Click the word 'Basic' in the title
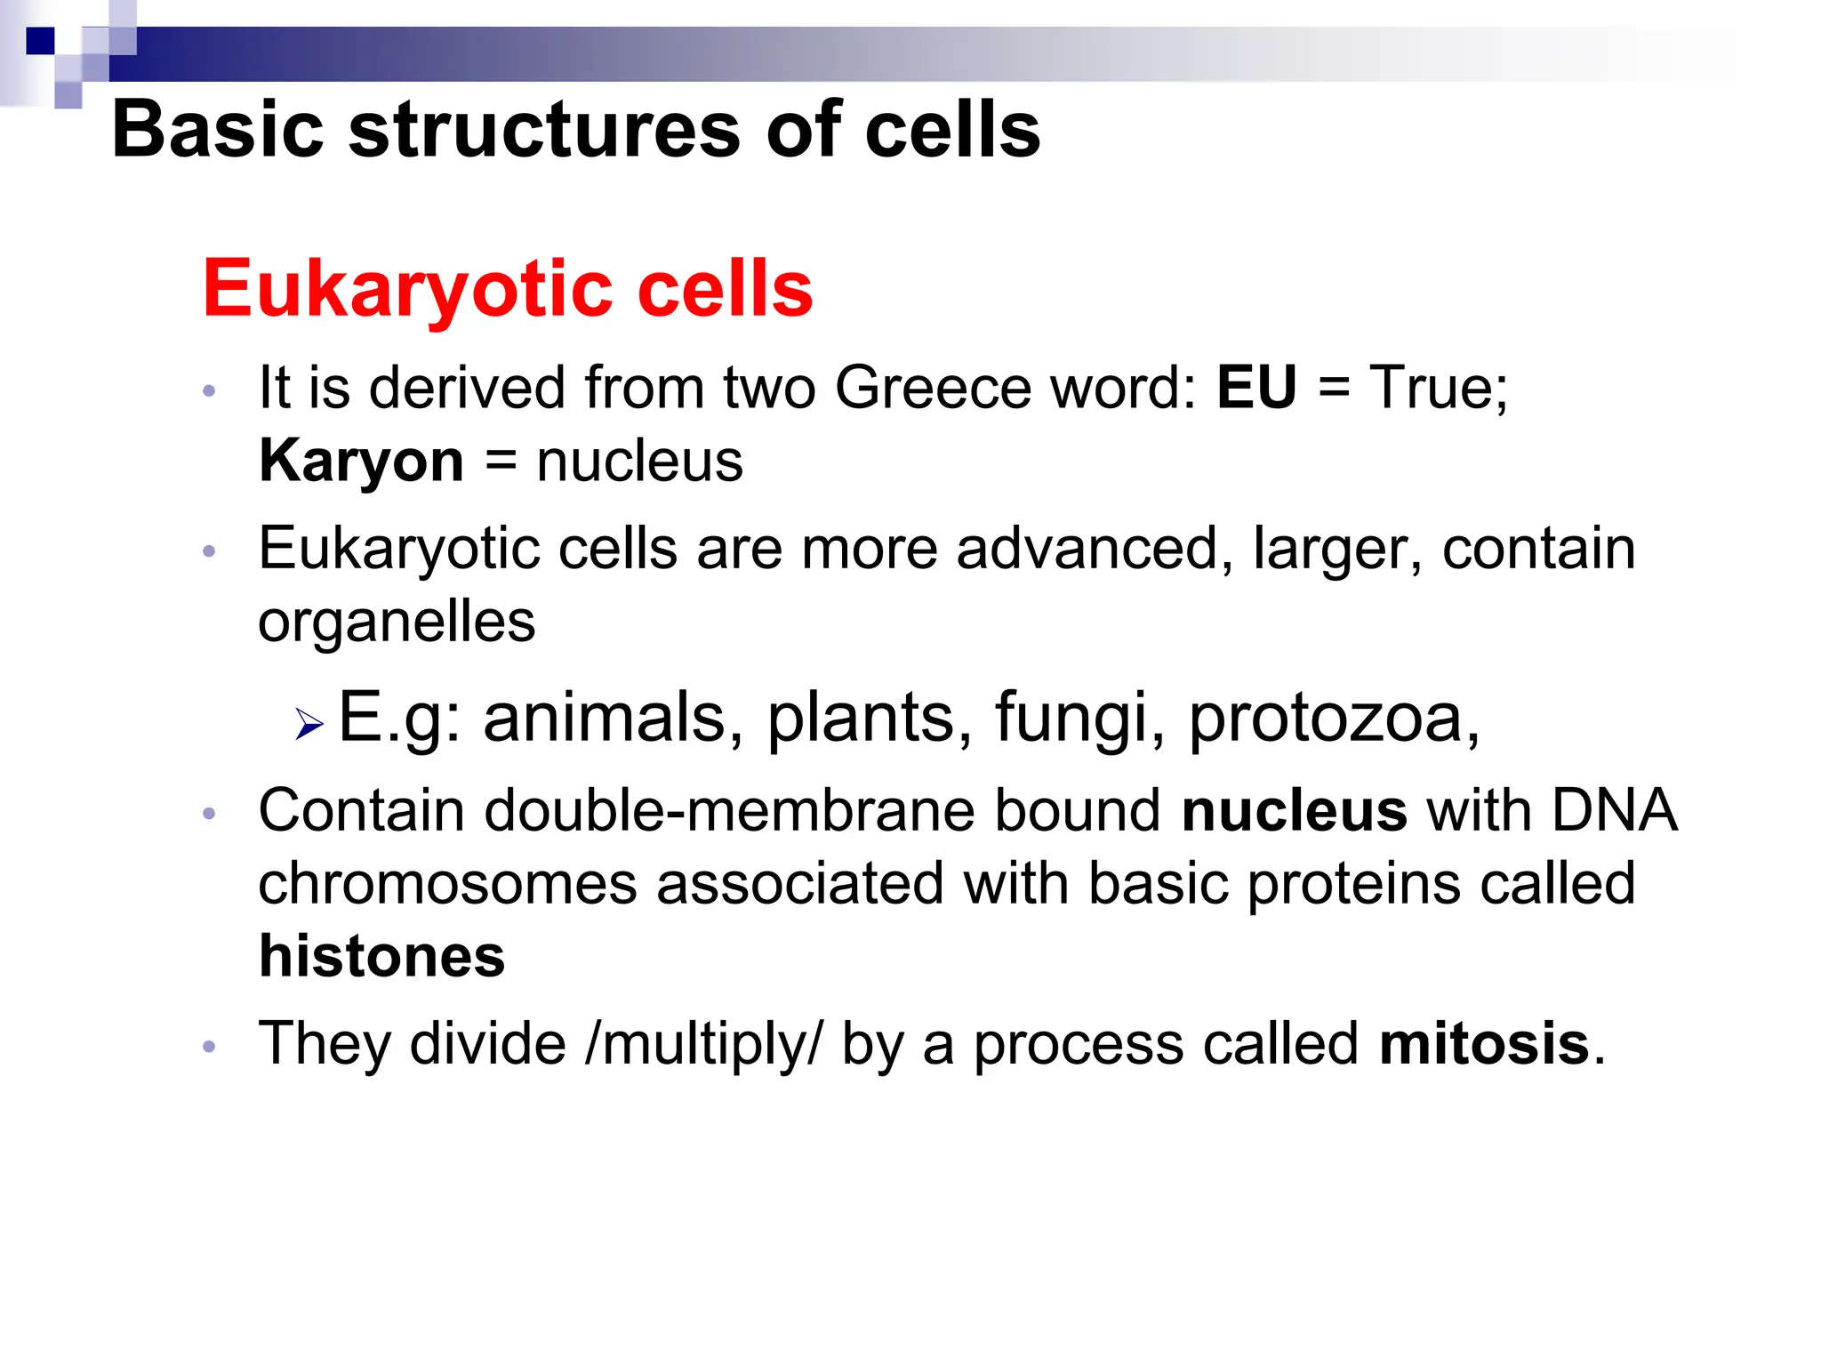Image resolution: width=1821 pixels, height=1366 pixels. [x=217, y=130]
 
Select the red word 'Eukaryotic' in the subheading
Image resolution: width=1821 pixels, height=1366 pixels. [x=408, y=290]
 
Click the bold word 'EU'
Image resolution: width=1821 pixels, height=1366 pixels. [x=1255, y=388]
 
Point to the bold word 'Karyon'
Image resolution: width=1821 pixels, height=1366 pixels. [x=361, y=462]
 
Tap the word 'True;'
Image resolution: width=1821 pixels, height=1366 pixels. [x=1439, y=388]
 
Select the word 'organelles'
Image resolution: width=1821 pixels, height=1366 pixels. [x=397, y=622]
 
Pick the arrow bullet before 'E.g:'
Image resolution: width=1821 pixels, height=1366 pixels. [x=309, y=724]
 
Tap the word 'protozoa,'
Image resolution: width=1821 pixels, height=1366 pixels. [x=1334, y=718]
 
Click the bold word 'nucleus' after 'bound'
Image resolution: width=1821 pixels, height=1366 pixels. [x=1294, y=811]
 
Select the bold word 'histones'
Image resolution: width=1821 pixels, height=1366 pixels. [x=382, y=957]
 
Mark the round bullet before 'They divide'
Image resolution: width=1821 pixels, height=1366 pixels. [x=210, y=1046]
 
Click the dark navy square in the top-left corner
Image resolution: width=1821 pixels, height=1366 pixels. [x=40, y=41]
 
